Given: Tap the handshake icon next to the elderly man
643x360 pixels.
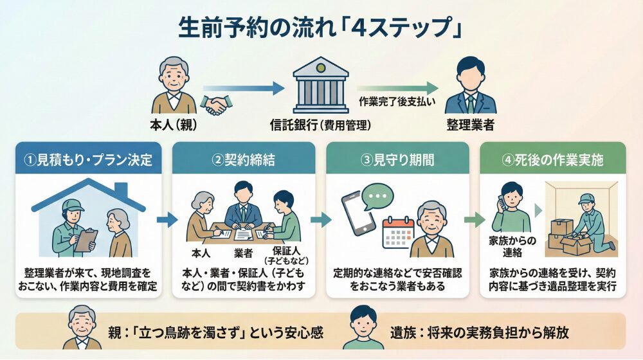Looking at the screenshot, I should click(216, 105).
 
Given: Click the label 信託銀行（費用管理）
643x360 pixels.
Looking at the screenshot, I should click(321, 125).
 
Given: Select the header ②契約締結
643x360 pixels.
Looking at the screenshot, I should click(244, 159).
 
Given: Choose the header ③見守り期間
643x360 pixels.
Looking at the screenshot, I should click(398, 159).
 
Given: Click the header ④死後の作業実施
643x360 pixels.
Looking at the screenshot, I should click(552, 159).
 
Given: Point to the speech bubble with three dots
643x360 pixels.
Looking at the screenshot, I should click(379, 195).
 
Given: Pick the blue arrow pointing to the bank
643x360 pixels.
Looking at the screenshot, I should click(244, 87).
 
